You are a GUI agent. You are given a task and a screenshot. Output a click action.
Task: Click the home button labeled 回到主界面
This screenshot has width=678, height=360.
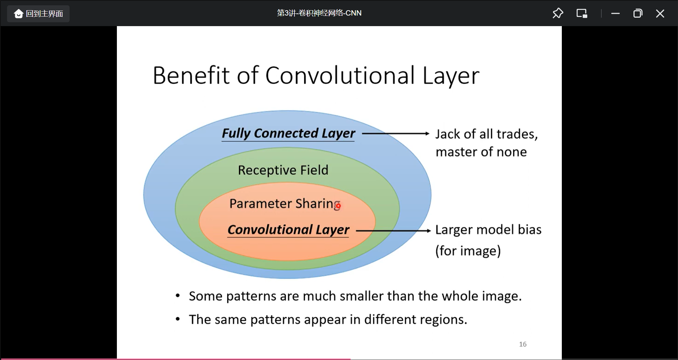[x=38, y=14]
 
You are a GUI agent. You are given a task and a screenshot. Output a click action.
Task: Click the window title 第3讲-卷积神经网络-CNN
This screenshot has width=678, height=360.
[x=319, y=13]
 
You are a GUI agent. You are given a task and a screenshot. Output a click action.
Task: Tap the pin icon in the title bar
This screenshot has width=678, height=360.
[x=558, y=13]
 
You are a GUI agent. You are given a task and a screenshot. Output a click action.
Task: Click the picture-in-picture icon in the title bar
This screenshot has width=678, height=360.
[x=582, y=13]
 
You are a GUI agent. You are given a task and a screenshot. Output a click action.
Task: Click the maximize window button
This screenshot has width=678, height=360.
[x=638, y=13]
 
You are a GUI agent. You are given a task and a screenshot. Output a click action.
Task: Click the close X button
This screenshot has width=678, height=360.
[x=660, y=13]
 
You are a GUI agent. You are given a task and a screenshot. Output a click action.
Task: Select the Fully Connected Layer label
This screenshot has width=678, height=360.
[x=288, y=133]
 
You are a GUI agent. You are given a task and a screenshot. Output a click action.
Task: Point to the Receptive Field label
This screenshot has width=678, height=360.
[x=283, y=170]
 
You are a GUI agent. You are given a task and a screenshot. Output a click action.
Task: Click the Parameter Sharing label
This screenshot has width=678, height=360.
[x=284, y=204]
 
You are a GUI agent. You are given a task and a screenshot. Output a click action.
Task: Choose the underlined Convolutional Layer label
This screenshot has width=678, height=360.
[x=288, y=230]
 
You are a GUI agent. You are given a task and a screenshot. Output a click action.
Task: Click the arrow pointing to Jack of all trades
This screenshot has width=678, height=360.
[x=395, y=133]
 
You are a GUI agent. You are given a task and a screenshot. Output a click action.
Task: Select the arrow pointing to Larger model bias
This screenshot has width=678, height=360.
[x=393, y=231]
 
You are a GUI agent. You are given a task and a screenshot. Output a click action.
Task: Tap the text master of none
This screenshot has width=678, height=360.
[x=481, y=152]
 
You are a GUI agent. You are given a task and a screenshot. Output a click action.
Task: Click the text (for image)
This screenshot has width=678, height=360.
[x=468, y=251]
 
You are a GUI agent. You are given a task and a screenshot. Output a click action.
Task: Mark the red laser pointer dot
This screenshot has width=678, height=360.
[x=338, y=205]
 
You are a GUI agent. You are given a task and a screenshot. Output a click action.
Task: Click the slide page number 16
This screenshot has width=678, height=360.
[x=523, y=344]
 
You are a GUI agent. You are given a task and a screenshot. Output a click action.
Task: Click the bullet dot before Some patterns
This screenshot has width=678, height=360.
[x=178, y=296]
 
